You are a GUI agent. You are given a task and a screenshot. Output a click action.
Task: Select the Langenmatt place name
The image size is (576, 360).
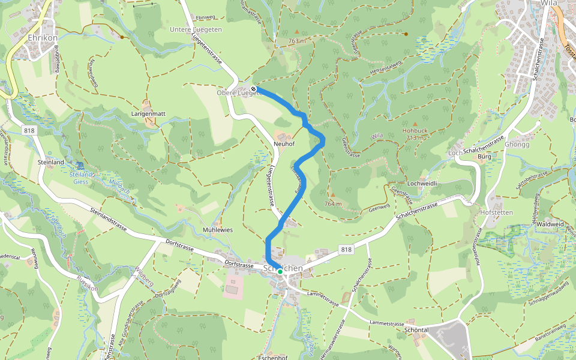coord(148,113)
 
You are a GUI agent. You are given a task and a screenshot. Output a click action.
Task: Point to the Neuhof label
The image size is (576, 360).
coord(284,145)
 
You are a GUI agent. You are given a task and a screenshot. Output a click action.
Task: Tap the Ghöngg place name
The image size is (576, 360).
coord(517,145)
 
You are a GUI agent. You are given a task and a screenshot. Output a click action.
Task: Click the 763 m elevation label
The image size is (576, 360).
coord(296,41)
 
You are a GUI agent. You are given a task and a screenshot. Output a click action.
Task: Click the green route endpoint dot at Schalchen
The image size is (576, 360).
coord(280,272)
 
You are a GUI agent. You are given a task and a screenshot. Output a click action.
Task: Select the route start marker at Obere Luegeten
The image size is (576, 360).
coord(254,89)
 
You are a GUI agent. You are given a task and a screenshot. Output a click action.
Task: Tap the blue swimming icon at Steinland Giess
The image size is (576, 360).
coord(80,165)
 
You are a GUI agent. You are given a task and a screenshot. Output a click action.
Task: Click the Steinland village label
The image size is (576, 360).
coord(50,162)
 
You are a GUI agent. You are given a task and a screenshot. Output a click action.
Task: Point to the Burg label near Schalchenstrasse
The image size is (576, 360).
coord(484,157)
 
